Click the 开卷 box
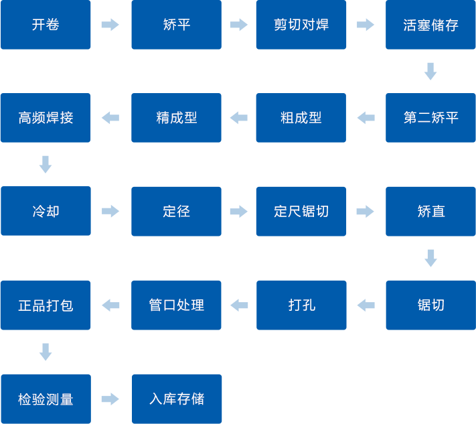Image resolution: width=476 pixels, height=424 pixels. pos(46,25)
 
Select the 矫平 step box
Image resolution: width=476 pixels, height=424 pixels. pos(176,25)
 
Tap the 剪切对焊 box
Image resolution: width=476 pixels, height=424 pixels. pos(301,25)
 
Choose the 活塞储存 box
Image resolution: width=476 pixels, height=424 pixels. pos(430,25)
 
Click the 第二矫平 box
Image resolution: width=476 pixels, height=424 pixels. pos(430,118)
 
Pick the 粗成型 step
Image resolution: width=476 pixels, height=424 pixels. pos(301,118)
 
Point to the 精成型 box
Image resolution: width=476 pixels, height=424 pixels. pos(176,118)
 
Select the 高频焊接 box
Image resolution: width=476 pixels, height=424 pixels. pos(46,118)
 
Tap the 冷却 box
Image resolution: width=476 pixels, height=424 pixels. pos(46,211)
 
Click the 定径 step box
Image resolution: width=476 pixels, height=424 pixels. pos(176,211)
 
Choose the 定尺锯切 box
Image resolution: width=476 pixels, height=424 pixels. pos(301,211)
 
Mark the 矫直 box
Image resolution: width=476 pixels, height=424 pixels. pos(430,211)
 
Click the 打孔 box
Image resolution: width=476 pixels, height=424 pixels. pos(301,305)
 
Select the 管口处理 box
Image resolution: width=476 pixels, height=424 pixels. pos(176,305)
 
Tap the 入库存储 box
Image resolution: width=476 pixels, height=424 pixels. pos(177,399)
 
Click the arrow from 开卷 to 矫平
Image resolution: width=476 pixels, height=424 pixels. pos(110,25)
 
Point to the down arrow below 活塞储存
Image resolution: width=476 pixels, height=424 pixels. pos(430,71)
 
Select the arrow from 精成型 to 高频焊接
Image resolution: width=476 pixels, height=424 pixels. pos(110,118)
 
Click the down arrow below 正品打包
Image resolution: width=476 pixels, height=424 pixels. pos(46,352)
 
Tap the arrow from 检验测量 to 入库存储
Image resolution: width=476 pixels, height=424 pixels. pos(110,399)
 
